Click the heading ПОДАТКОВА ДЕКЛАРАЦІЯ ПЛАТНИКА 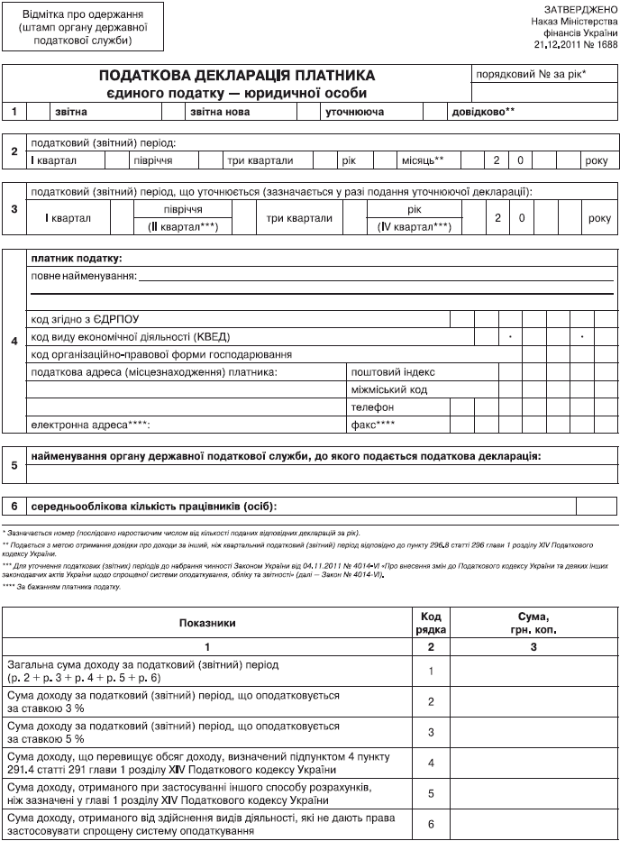point(237,76)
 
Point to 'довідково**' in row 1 point(484,112)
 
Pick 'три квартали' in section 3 point(299,218)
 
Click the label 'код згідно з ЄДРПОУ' point(86,319)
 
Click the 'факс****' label point(372,425)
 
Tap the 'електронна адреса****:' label point(90,425)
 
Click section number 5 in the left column point(14,466)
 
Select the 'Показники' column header point(207,622)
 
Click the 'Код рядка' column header point(432,622)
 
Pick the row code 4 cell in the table point(432,763)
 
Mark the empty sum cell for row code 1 point(534,671)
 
